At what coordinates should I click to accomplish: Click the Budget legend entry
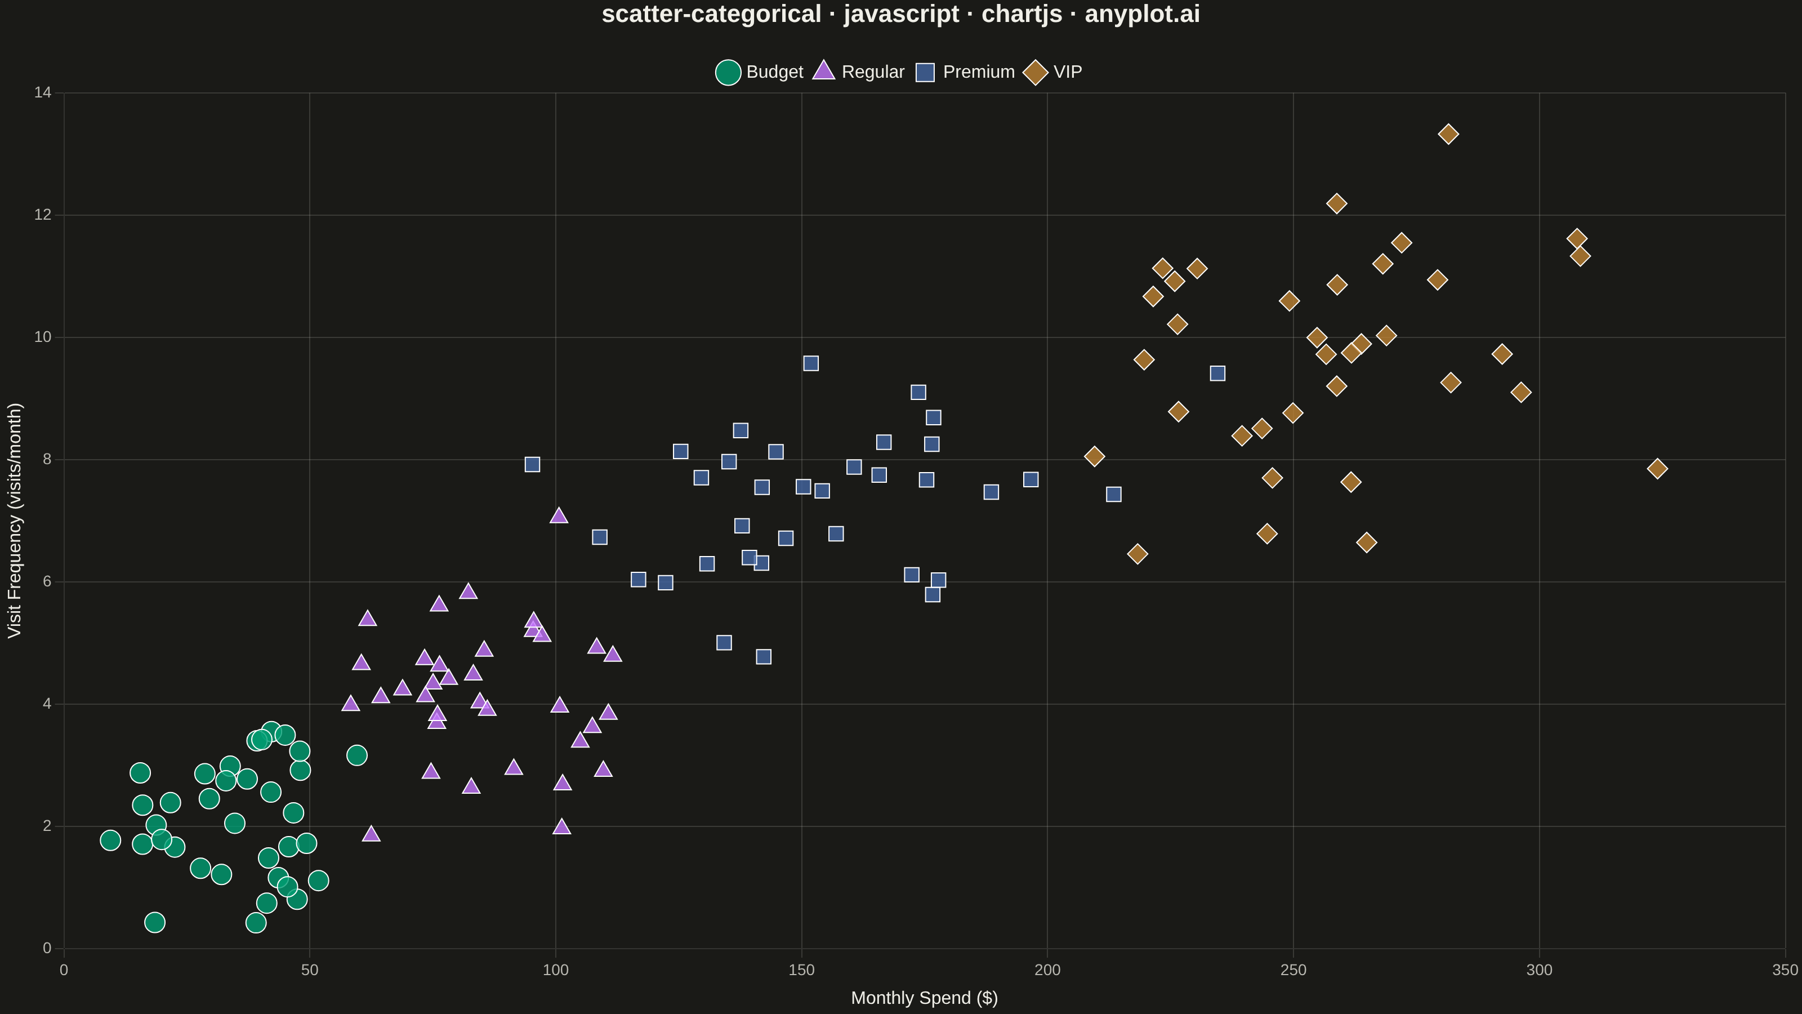coord(759,72)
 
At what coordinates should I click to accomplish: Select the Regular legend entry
coord(858,72)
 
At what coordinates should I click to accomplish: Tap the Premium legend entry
coord(965,72)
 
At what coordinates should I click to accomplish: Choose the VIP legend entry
coord(1053,72)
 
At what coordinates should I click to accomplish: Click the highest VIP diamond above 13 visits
coord(1448,134)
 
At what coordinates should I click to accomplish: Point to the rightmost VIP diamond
coord(1657,468)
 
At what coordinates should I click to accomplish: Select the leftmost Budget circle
coord(110,840)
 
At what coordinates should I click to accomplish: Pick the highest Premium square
coord(811,363)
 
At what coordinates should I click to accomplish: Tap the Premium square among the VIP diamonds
coord(1217,373)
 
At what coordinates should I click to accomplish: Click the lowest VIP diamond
coord(1138,554)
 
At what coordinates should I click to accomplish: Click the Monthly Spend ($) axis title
coord(924,998)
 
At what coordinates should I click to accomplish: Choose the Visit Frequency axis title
coord(15,520)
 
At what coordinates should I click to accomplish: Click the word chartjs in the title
coord(1022,14)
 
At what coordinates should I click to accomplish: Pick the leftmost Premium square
coord(532,464)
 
